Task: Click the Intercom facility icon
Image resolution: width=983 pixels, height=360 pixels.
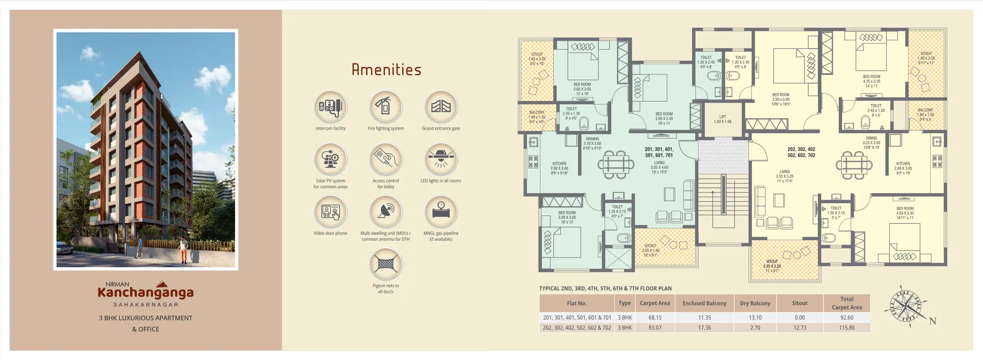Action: point(330,107)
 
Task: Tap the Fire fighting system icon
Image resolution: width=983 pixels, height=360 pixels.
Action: point(386,107)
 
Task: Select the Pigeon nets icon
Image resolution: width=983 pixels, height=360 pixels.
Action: point(386,264)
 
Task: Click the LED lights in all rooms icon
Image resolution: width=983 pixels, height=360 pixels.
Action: point(441,160)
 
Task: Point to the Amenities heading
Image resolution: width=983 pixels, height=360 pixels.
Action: point(386,70)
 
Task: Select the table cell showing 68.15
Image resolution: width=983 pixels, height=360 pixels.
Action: point(654,318)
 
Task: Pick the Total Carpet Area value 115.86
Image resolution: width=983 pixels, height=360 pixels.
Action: point(846,328)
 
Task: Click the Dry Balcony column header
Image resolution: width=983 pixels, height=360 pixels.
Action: point(755,303)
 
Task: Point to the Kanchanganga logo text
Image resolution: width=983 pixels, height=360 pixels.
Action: point(145,292)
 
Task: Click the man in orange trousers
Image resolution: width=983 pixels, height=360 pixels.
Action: point(184,250)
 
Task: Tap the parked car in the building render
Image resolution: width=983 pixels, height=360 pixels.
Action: point(64,249)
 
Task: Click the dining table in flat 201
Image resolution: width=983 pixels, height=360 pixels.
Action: point(616,165)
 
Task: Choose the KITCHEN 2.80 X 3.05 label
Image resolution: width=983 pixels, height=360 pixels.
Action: point(903,168)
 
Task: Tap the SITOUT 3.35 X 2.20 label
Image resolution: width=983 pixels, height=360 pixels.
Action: point(772,266)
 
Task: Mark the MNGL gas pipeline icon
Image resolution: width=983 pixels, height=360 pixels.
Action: point(441,212)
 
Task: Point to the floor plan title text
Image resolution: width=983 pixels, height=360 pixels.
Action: point(605,289)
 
